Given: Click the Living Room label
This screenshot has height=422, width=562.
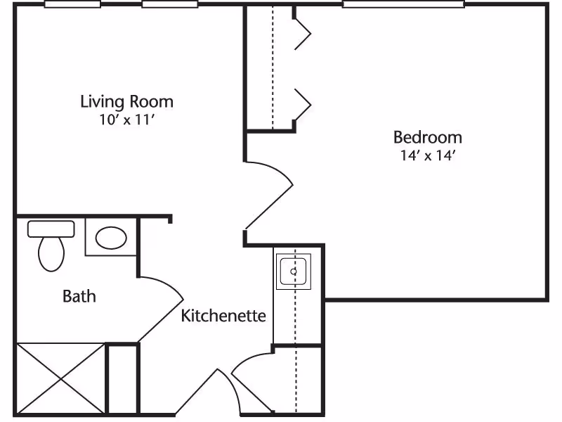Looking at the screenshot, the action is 127,101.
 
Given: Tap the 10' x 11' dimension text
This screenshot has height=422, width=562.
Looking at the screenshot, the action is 127,120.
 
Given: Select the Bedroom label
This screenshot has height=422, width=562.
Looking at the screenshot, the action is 428,137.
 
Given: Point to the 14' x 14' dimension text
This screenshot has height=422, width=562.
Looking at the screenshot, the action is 428,155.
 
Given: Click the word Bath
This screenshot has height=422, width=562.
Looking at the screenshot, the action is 79,296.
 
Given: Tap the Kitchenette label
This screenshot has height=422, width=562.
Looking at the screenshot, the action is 223,316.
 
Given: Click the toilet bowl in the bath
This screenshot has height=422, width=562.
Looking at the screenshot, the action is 51,254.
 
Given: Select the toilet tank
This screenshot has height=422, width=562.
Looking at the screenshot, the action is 51,229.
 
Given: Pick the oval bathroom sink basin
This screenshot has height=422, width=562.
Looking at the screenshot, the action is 111,238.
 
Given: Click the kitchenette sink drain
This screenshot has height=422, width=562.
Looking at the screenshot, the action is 294,271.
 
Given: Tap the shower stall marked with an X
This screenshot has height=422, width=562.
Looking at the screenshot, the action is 61,378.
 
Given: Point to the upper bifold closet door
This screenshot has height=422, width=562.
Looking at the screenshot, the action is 303,34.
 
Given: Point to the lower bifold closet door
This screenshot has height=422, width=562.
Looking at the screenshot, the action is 303,105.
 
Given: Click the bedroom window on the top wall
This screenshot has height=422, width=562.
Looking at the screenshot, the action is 403,4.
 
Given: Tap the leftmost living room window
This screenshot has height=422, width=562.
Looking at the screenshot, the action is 72,4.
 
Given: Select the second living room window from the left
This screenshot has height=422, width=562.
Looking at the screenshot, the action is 170,4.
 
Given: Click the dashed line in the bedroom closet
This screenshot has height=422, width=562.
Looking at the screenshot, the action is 273,67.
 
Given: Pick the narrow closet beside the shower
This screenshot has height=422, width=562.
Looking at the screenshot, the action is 123,379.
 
